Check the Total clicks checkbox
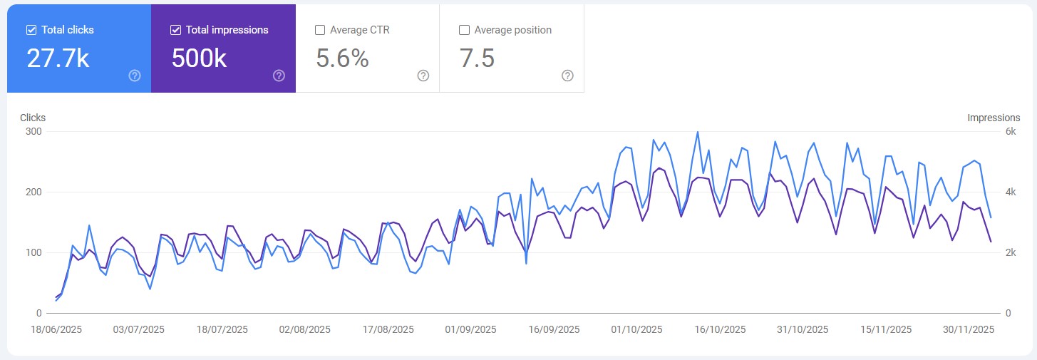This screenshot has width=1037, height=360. (x=31, y=30)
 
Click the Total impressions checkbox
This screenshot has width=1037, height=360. (x=175, y=30)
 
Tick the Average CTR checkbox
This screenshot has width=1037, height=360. (x=320, y=30)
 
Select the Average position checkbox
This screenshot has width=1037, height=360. (x=464, y=30)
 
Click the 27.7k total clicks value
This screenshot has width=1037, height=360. (x=58, y=58)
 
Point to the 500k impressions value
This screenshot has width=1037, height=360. (x=199, y=58)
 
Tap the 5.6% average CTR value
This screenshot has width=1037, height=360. (x=342, y=58)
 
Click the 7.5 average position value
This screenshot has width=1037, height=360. (x=478, y=58)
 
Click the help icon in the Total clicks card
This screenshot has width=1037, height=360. (x=135, y=76)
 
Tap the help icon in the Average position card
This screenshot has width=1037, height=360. (x=567, y=76)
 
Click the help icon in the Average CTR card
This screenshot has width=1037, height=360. (x=423, y=76)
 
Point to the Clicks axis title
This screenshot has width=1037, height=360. (x=33, y=118)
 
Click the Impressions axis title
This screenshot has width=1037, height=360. (x=994, y=118)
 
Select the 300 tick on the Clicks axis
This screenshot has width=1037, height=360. (x=33, y=132)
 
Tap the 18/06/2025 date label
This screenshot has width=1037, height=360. (x=57, y=329)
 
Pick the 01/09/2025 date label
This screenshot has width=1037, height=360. (x=470, y=329)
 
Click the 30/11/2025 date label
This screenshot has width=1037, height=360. (x=967, y=329)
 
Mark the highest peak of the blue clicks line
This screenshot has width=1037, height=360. (x=697, y=132)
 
